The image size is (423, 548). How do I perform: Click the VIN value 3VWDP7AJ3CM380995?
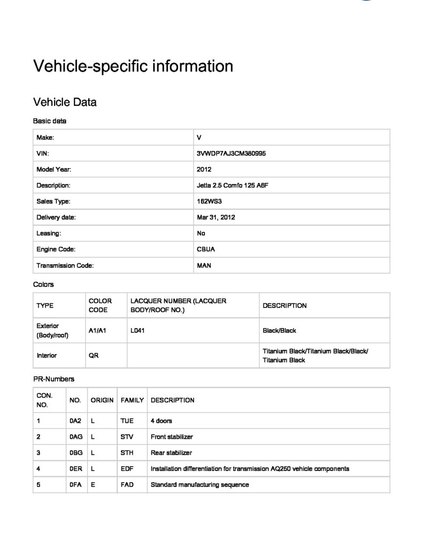232,154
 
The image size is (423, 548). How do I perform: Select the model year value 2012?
204,170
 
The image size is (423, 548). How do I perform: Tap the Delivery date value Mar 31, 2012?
216,217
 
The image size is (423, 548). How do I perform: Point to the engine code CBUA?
206,249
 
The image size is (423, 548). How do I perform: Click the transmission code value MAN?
204,265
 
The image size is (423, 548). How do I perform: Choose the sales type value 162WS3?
209,202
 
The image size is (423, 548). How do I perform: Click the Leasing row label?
49,233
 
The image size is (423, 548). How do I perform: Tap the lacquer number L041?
137,331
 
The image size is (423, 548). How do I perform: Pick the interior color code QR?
94,355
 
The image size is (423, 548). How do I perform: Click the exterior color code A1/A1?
98,331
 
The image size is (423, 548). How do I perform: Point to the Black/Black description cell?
279,331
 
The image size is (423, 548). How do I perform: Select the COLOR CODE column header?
100,306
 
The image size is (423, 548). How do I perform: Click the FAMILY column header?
132,400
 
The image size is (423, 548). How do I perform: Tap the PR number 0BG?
75,453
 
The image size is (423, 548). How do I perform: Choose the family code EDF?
127,469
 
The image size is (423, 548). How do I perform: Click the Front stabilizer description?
172,437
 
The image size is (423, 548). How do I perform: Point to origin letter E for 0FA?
93,485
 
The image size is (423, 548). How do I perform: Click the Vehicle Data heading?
65,102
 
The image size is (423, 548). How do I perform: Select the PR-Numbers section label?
53,379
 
